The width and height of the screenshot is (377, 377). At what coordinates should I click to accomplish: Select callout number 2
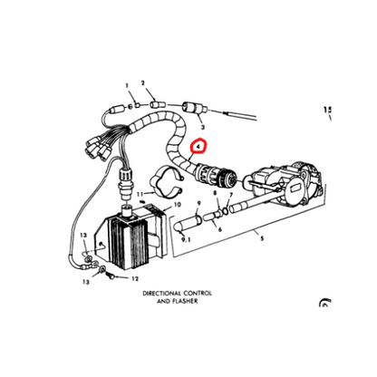point(142,82)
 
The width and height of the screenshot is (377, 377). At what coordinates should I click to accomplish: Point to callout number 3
point(201,127)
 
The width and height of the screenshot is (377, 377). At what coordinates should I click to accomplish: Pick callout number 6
point(219,230)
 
